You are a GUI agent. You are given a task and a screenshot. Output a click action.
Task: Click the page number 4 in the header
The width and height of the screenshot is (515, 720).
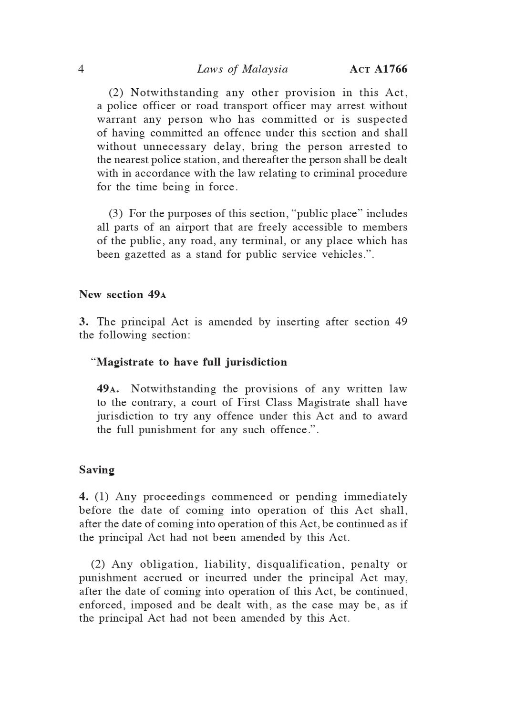pyautogui.click(x=81, y=70)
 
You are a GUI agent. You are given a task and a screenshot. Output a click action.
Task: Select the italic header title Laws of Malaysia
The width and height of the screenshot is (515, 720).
pyautogui.click(x=242, y=70)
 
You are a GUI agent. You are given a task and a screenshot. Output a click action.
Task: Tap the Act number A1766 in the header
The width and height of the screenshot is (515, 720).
pyautogui.click(x=379, y=70)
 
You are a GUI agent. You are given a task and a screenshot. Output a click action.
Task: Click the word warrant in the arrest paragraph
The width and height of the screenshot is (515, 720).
pyautogui.click(x=116, y=120)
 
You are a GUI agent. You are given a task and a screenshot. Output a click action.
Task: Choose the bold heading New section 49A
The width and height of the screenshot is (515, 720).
pyautogui.click(x=123, y=295)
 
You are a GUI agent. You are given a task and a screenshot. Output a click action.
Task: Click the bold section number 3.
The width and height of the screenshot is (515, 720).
pyautogui.click(x=82, y=322)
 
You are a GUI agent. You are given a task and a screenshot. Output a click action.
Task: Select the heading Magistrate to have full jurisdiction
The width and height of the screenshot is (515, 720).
pyautogui.click(x=192, y=362)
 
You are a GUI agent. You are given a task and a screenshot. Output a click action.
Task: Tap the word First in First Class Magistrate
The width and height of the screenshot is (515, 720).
pyautogui.click(x=248, y=403)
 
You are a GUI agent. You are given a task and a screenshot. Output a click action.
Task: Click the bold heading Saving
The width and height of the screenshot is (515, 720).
pyautogui.click(x=97, y=470)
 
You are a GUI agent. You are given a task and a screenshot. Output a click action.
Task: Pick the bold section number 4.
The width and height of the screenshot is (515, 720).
pyautogui.click(x=82, y=497)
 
